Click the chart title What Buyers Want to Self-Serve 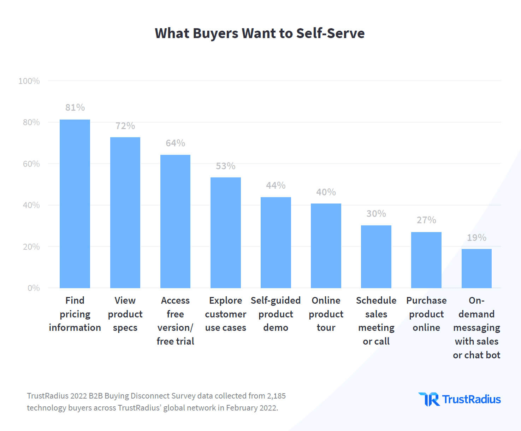[x=260, y=33]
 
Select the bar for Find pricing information [x=75, y=204]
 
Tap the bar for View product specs [x=125, y=213]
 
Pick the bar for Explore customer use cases [x=226, y=233]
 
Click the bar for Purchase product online [x=426, y=260]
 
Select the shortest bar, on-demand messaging [x=476, y=268]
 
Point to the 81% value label [x=75, y=108]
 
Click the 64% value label [x=176, y=143]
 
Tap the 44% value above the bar [x=276, y=186]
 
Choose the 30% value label [x=376, y=214]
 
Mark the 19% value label [x=476, y=238]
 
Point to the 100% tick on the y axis [x=29, y=81]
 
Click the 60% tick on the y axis [x=31, y=164]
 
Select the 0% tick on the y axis [x=34, y=288]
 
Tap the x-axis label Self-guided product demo [x=276, y=314]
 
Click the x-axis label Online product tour [x=326, y=314]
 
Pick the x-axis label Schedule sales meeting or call [x=376, y=321]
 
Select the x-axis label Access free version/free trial [x=176, y=321]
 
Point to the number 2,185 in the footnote [x=276, y=396]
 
